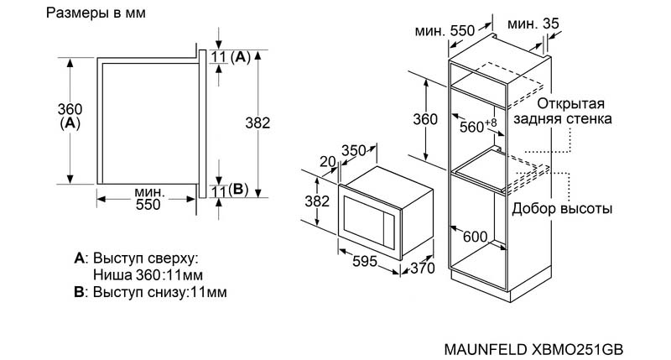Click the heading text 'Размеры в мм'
(x=96, y=13)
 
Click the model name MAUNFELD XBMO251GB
(x=533, y=349)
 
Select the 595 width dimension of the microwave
(x=365, y=261)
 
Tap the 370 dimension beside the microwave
(x=422, y=268)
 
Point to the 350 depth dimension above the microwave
(x=354, y=151)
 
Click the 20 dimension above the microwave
(x=328, y=161)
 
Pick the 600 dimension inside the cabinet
(x=475, y=237)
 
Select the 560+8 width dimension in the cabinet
(x=478, y=125)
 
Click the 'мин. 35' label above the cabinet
(x=533, y=24)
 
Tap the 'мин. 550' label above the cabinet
(x=445, y=30)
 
